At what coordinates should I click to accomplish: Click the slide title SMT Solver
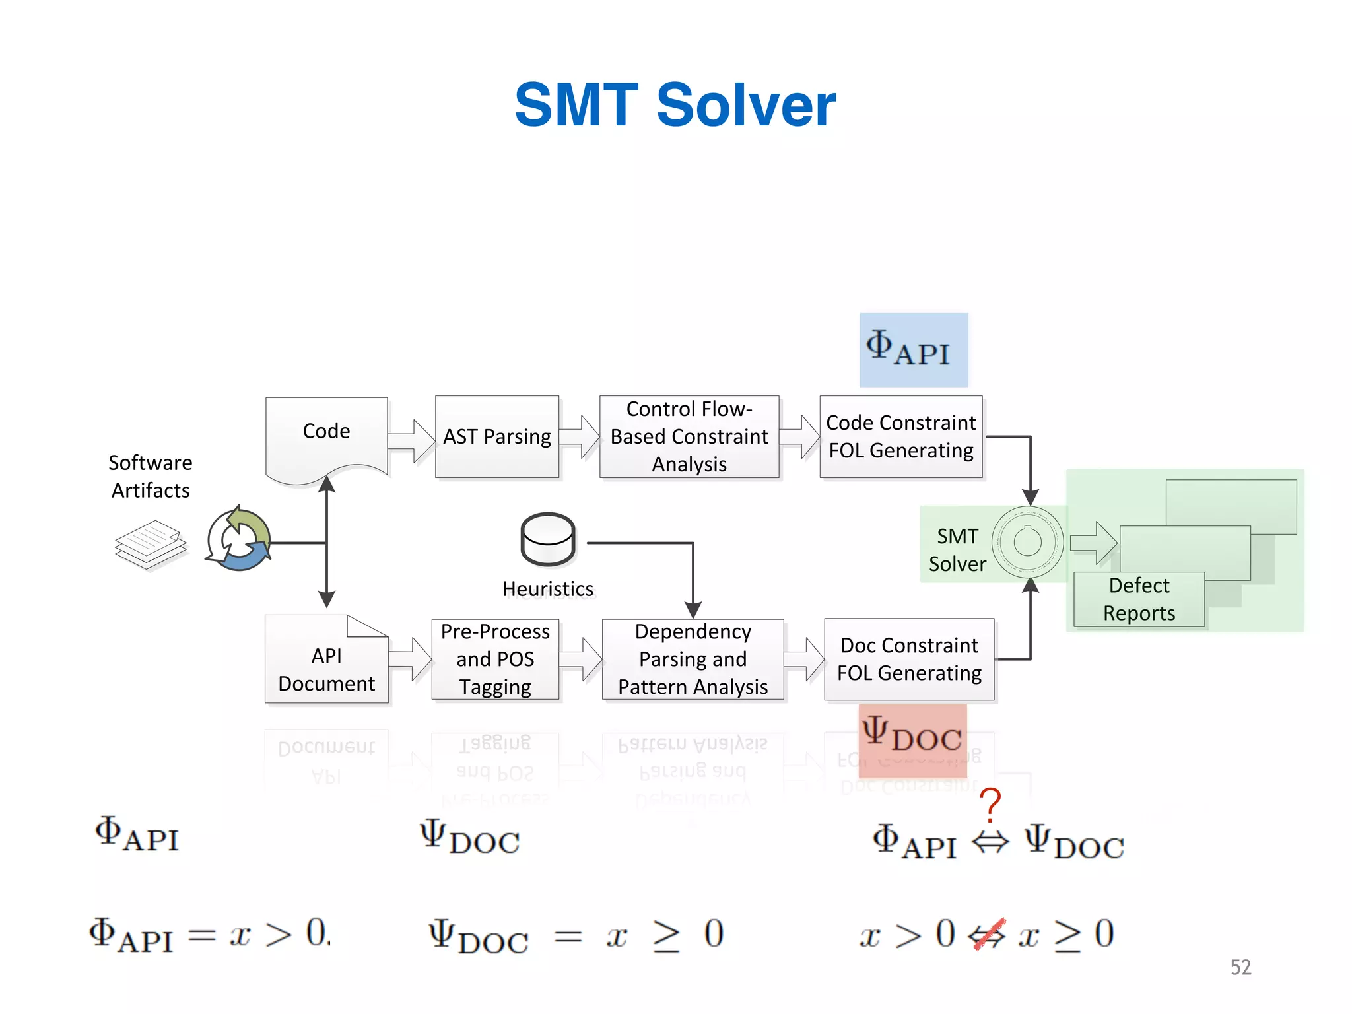tap(675, 106)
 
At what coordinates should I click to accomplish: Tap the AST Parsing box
tap(497, 437)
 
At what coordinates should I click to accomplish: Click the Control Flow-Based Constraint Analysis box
tap(689, 437)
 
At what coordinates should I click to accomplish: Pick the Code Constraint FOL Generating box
tap(901, 437)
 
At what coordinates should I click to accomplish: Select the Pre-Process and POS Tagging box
tap(495, 659)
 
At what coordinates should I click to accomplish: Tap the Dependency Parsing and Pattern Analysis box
tap(693, 659)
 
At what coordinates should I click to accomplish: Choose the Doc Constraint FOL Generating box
tap(909, 659)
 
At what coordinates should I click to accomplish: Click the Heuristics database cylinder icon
tap(548, 540)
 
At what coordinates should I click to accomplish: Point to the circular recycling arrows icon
tap(238, 540)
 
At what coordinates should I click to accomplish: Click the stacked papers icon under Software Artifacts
tap(151, 544)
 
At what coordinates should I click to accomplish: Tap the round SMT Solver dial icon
tap(1027, 543)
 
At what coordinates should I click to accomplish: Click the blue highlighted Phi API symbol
tap(913, 350)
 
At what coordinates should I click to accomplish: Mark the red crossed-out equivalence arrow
tap(988, 935)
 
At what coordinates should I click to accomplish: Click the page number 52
tap(1240, 967)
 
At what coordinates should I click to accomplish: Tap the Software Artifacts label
tap(151, 477)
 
